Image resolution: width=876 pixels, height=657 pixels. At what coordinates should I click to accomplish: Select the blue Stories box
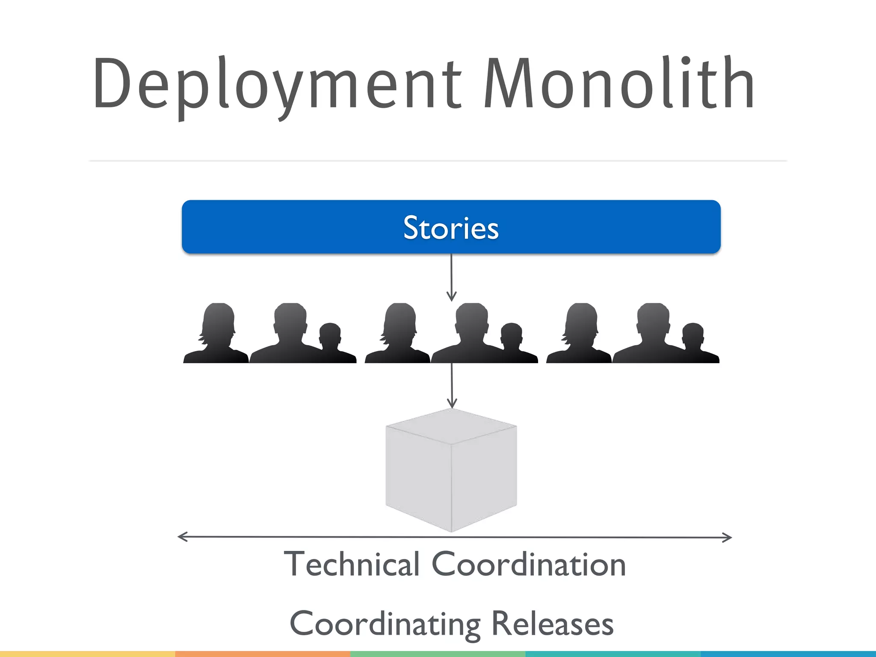(451, 227)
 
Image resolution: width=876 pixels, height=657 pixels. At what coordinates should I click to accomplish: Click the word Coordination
(529, 564)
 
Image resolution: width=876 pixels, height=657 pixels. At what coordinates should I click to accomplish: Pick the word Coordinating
(385, 624)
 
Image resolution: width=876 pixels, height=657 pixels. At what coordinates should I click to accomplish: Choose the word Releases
(552, 624)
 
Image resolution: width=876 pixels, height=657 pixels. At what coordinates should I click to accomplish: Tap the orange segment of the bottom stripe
(263, 654)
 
